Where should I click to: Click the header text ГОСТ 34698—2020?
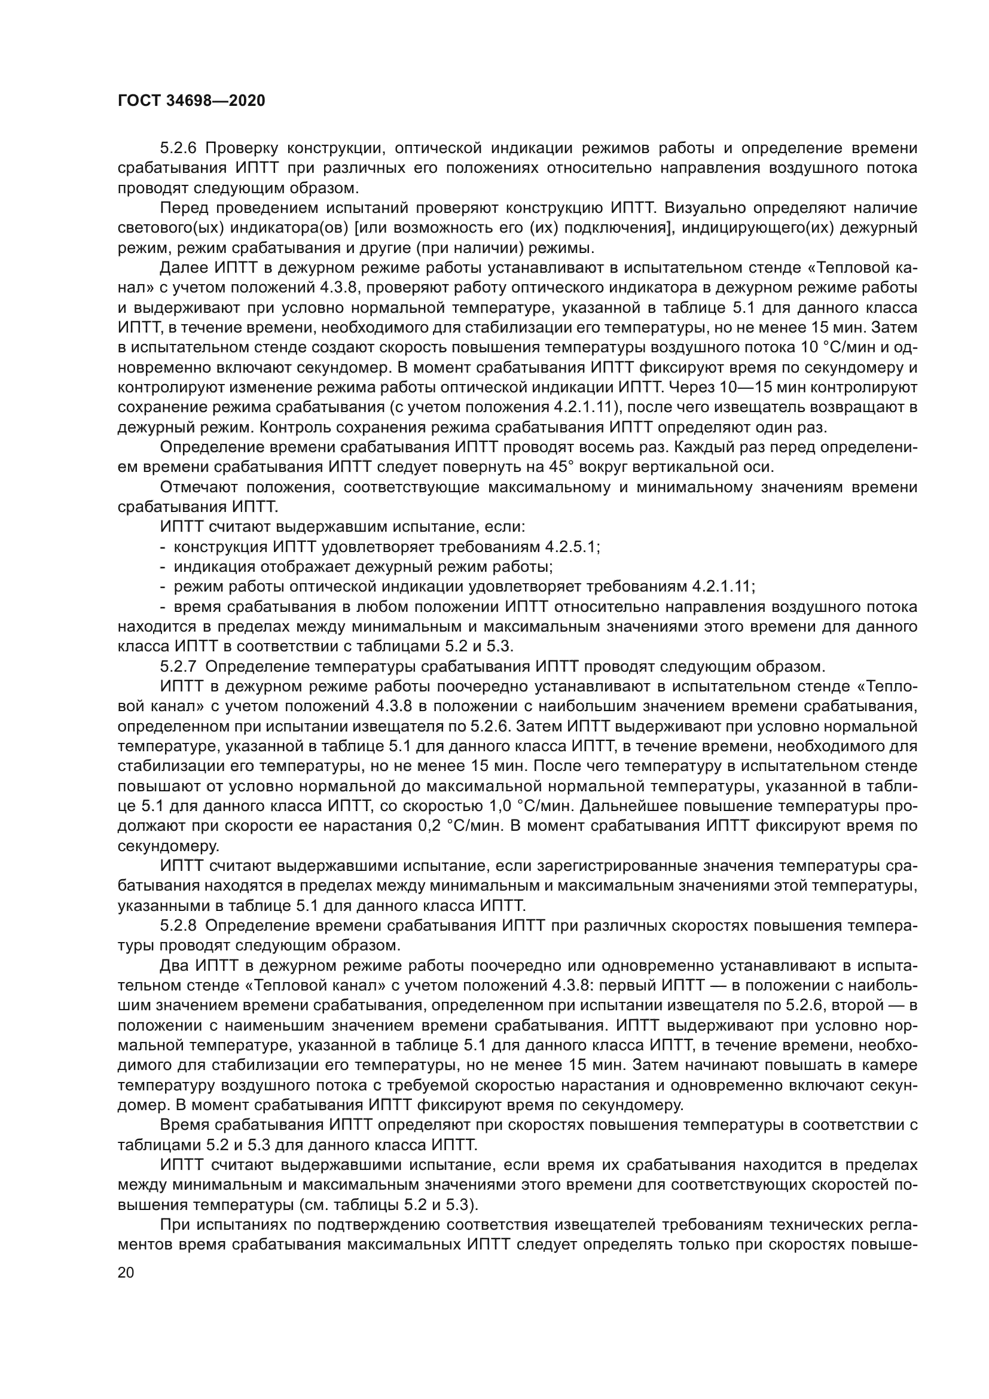tap(191, 101)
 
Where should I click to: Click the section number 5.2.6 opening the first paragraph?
tap(177, 148)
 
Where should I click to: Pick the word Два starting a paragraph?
tap(174, 966)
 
